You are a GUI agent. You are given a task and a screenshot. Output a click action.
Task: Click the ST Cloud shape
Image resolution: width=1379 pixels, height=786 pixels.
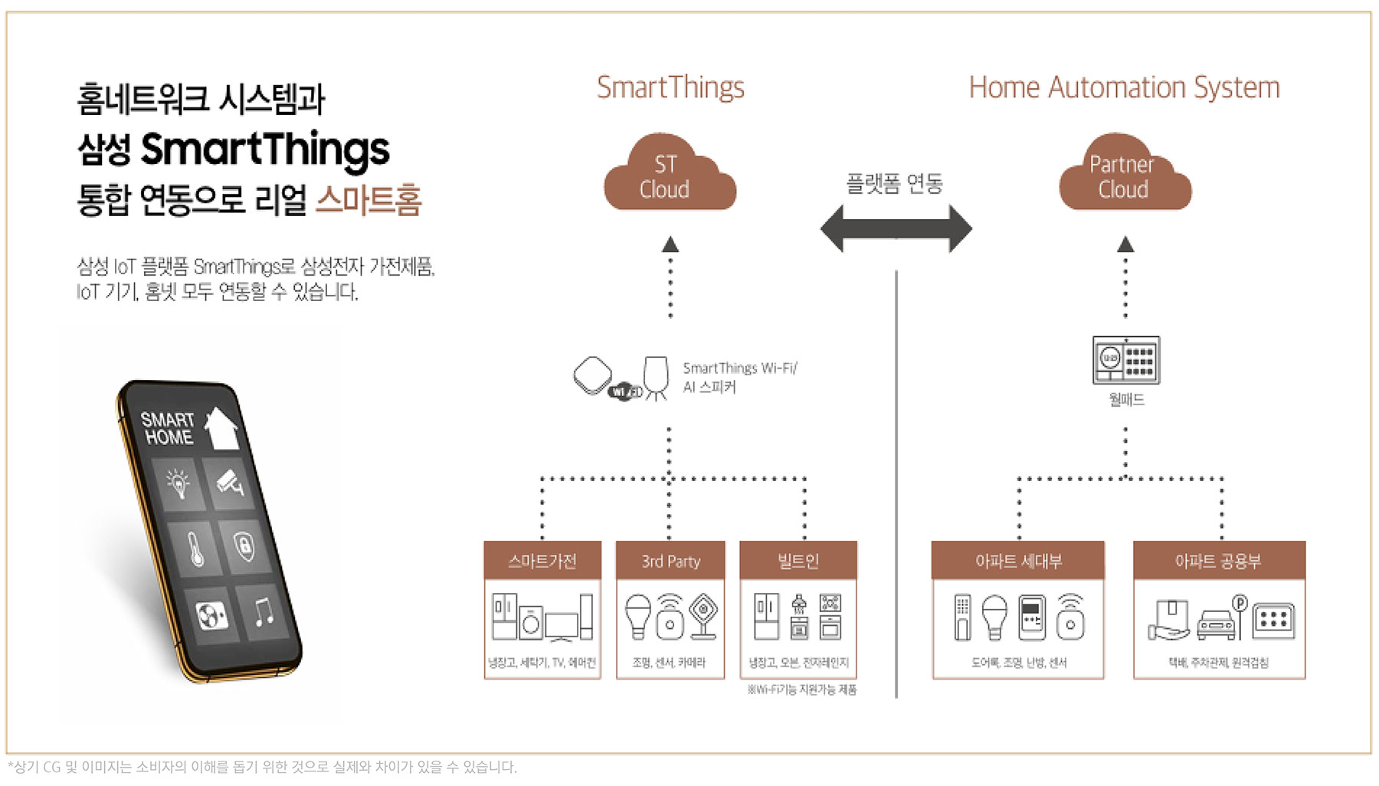pyautogui.click(x=668, y=176)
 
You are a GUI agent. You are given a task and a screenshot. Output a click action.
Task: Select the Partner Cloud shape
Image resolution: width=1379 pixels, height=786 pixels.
pyautogui.click(x=1124, y=176)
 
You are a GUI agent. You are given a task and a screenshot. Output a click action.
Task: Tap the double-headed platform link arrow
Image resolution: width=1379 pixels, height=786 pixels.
pyautogui.click(x=896, y=228)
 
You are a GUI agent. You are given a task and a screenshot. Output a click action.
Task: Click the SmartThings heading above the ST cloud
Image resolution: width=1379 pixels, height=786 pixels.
pyautogui.click(x=670, y=87)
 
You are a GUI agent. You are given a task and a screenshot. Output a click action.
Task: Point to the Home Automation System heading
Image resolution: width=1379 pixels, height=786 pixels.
pyautogui.click(x=1124, y=87)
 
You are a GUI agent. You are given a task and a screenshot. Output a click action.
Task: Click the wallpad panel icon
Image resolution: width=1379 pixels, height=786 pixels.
pyautogui.click(x=1125, y=359)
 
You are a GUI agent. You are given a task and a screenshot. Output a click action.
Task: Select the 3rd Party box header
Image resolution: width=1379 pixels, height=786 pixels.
pyautogui.click(x=670, y=561)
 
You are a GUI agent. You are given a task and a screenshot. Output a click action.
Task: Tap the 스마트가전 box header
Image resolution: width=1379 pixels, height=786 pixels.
pyautogui.click(x=542, y=561)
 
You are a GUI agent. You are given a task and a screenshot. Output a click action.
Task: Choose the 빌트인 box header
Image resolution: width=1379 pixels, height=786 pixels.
pyautogui.click(x=798, y=561)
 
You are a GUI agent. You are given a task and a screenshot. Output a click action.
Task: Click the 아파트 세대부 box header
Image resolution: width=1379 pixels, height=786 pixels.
pyautogui.click(x=1018, y=561)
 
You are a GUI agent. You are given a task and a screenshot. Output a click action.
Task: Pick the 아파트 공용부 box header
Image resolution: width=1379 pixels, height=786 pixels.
pyautogui.click(x=1218, y=561)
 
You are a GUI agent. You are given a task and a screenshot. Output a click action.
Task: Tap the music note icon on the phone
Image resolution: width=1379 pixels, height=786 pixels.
pyautogui.click(x=264, y=611)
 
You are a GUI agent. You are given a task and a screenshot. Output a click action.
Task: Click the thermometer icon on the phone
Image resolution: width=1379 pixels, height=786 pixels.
pyautogui.click(x=195, y=549)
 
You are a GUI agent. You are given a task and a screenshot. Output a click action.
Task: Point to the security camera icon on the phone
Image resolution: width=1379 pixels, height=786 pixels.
pyautogui.click(x=230, y=481)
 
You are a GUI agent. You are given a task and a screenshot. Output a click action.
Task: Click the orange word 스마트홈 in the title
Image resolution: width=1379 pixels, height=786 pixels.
pyautogui.click(x=368, y=200)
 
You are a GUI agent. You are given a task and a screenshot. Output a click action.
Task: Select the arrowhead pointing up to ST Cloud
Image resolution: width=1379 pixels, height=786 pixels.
pyautogui.click(x=670, y=244)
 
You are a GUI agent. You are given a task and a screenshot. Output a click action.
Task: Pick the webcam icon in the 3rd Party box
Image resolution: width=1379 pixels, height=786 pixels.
pyautogui.click(x=703, y=616)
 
